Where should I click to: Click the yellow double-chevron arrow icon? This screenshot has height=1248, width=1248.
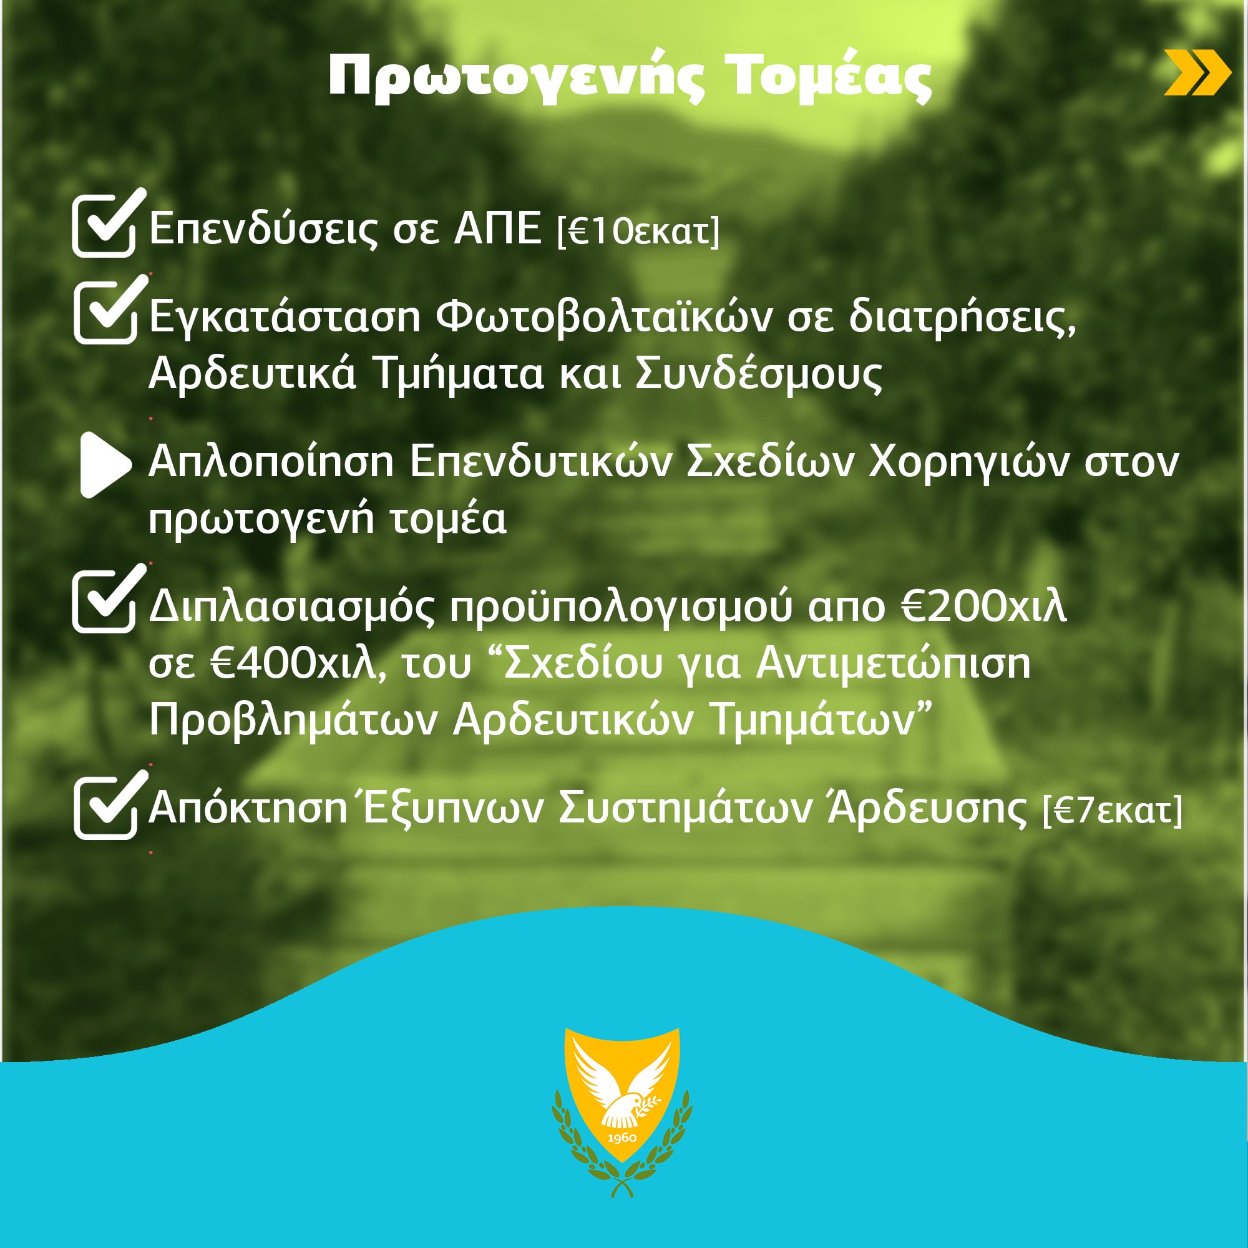click(1197, 72)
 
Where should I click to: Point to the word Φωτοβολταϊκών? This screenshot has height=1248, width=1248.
click(604, 316)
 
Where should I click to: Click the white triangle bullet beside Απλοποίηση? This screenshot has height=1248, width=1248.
click(105, 465)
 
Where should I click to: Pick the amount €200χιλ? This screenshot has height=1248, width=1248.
click(984, 607)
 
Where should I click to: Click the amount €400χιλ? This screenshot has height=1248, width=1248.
click(295, 664)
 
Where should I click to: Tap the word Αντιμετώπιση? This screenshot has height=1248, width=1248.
click(894, 664)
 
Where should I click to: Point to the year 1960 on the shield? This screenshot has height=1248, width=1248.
click(622, 1138)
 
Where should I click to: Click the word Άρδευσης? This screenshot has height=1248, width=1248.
click(928, 807)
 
